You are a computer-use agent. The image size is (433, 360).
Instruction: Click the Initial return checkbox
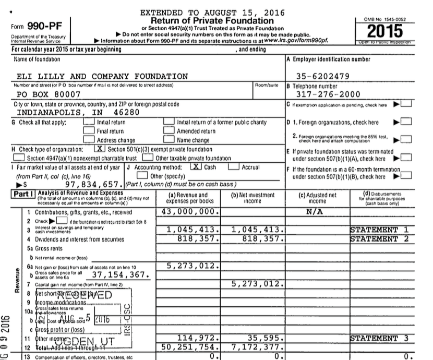click(x=89, y=122)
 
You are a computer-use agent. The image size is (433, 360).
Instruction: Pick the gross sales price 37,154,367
click(x=121, y=275)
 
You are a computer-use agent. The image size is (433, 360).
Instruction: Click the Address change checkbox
click(x=89, y=140)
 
